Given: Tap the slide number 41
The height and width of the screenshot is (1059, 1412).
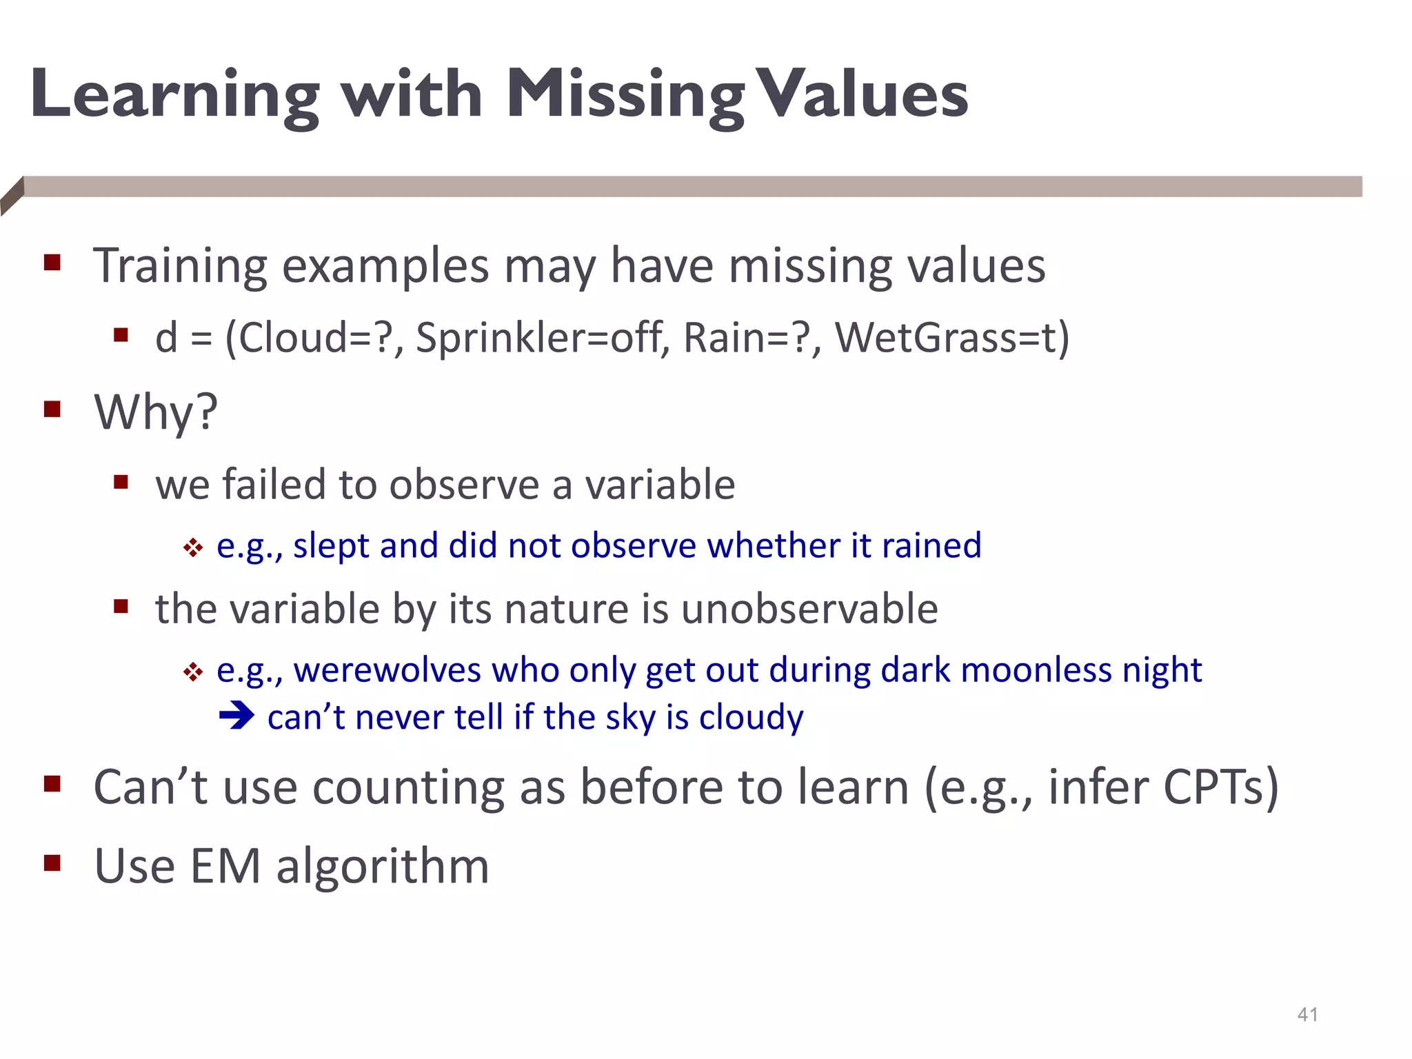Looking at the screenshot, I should (1308, 1014).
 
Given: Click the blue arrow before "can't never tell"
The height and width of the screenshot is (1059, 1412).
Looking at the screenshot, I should (236, 715).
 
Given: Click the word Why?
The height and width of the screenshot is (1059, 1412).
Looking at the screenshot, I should (156, 412).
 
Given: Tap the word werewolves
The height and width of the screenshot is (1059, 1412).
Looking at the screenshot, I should (387, 669).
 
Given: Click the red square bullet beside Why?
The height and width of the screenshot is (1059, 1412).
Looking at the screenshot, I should (52, 410).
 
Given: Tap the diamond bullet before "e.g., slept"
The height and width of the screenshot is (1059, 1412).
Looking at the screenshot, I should (193, 548).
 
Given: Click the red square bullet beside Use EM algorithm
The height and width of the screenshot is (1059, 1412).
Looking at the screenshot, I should (52, 863).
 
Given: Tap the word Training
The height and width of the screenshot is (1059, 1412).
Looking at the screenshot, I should (180, 265).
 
